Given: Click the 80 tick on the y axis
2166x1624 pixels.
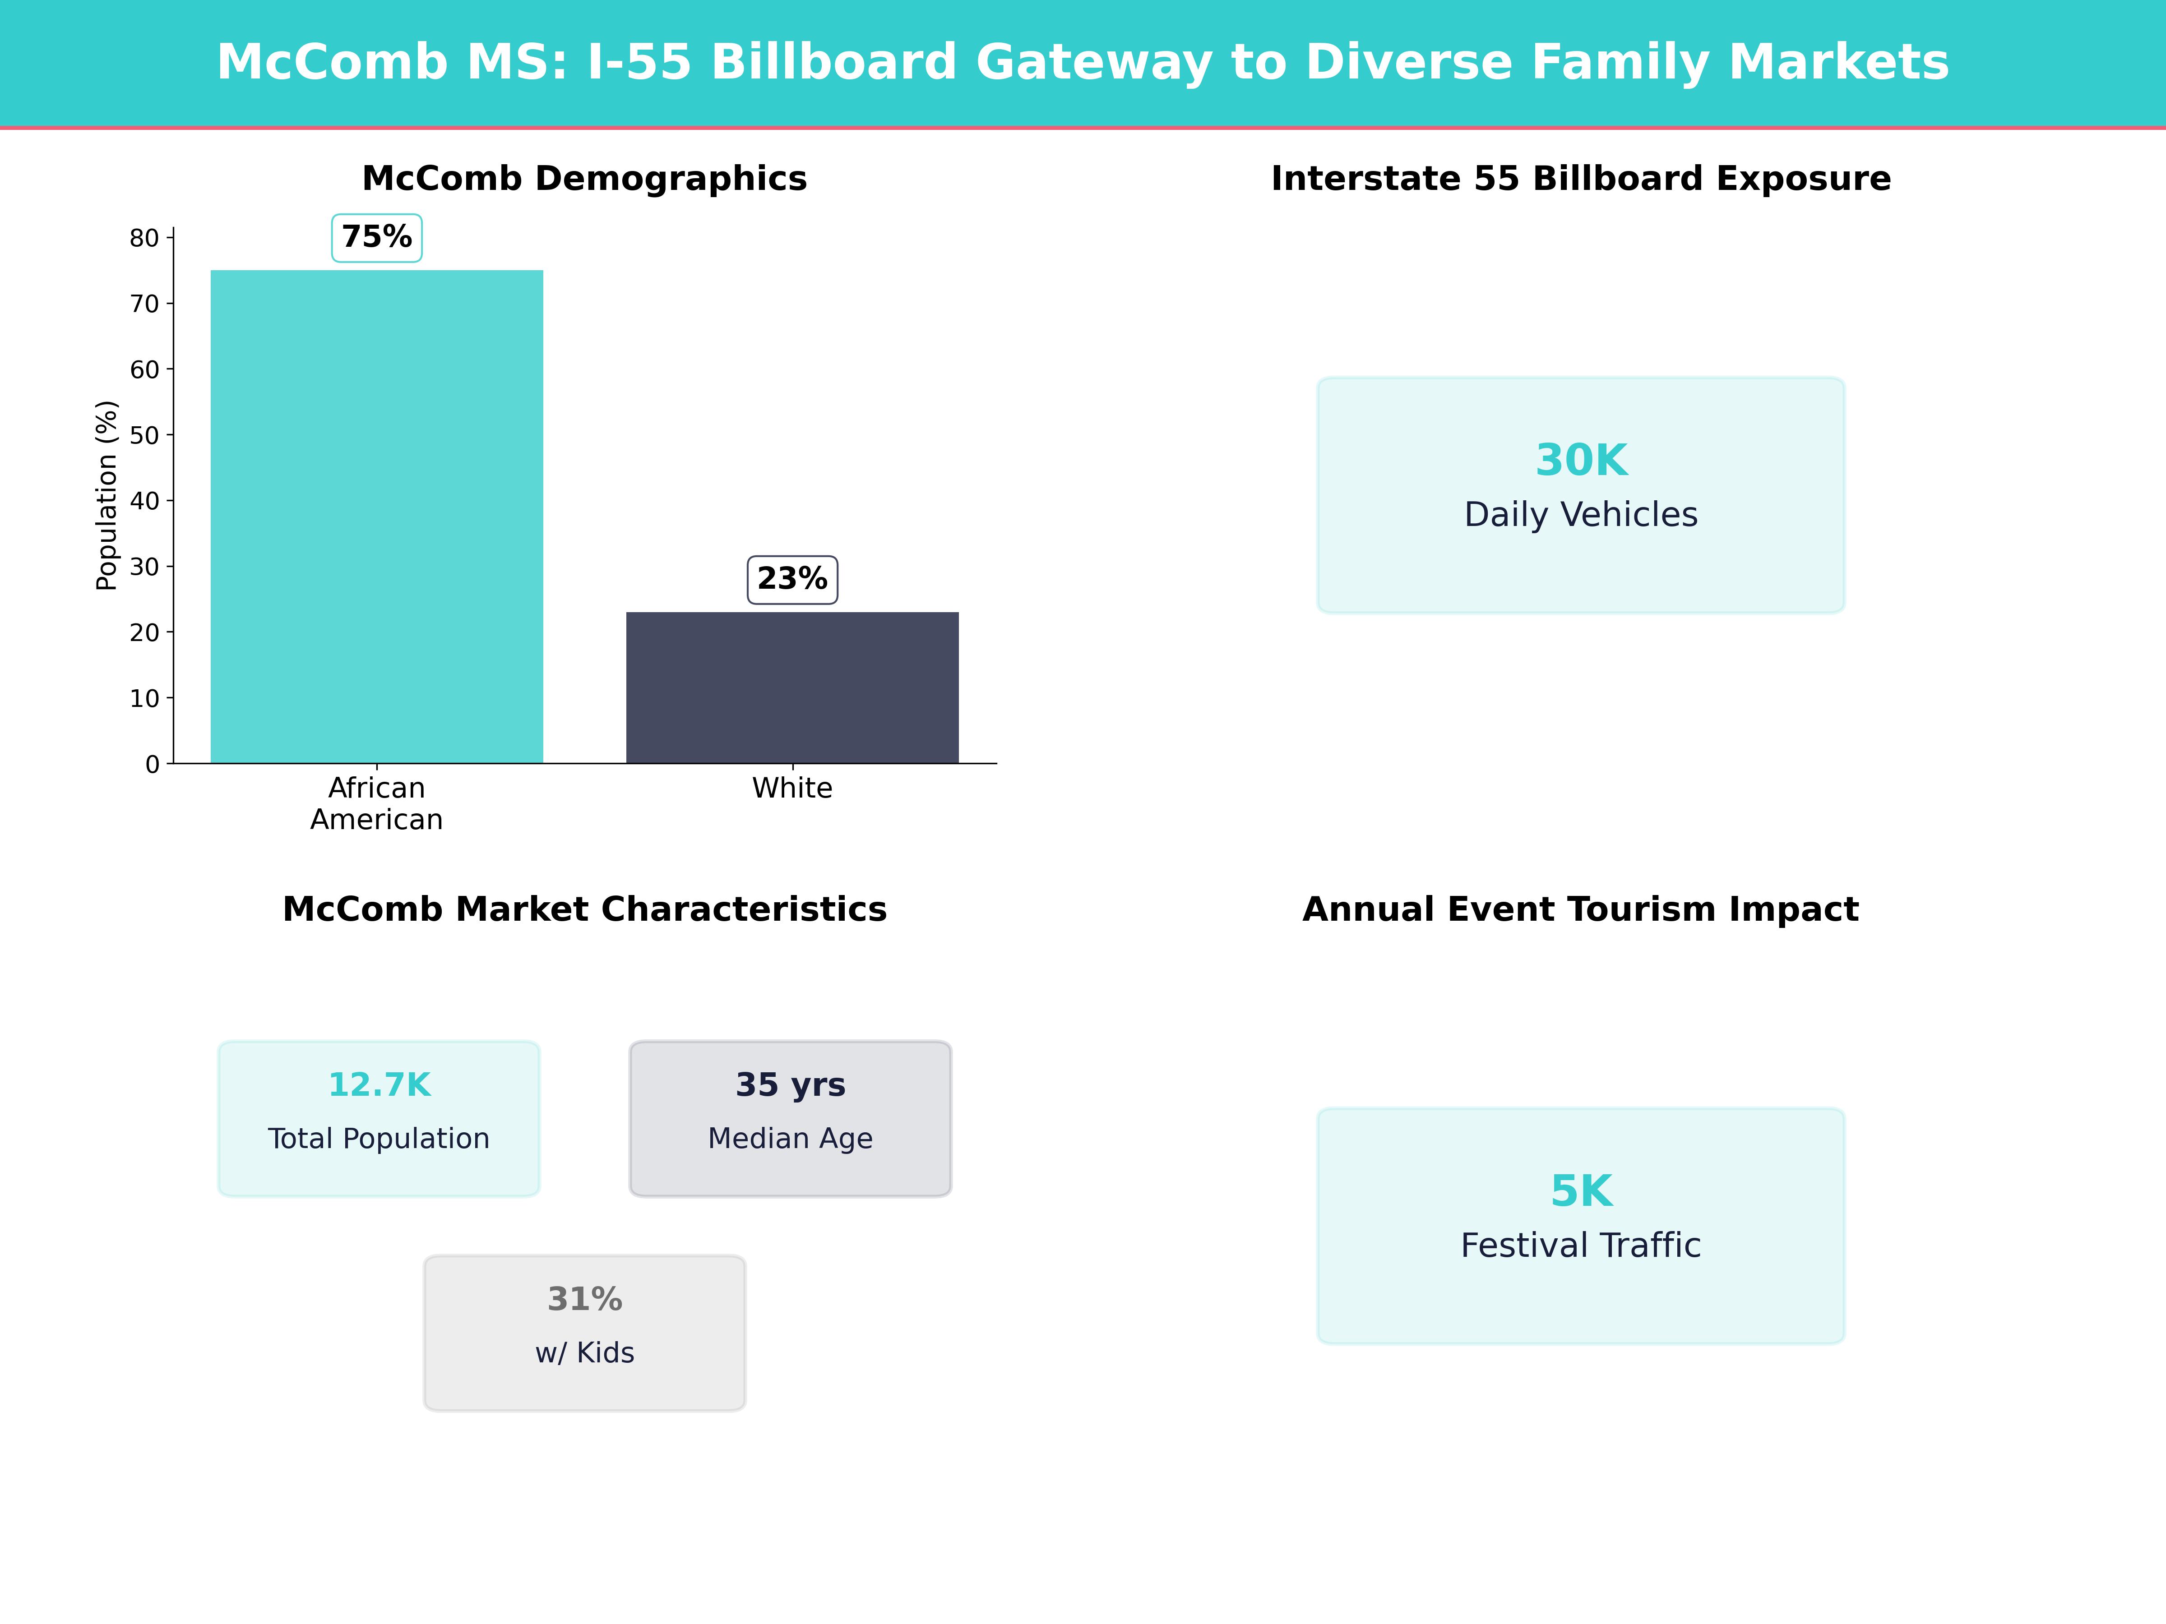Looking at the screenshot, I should click(144, 238).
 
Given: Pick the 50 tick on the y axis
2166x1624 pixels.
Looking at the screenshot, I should click(144, 436).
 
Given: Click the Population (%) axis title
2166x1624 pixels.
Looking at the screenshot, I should click(106, 495).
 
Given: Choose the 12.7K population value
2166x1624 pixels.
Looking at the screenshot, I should click(379, 1084).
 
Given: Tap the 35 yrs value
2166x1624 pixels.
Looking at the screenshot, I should click(790, 1084).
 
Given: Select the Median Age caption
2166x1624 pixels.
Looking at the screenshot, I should click(790, 1139).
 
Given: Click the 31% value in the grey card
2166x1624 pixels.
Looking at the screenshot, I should click(584, 1299).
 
